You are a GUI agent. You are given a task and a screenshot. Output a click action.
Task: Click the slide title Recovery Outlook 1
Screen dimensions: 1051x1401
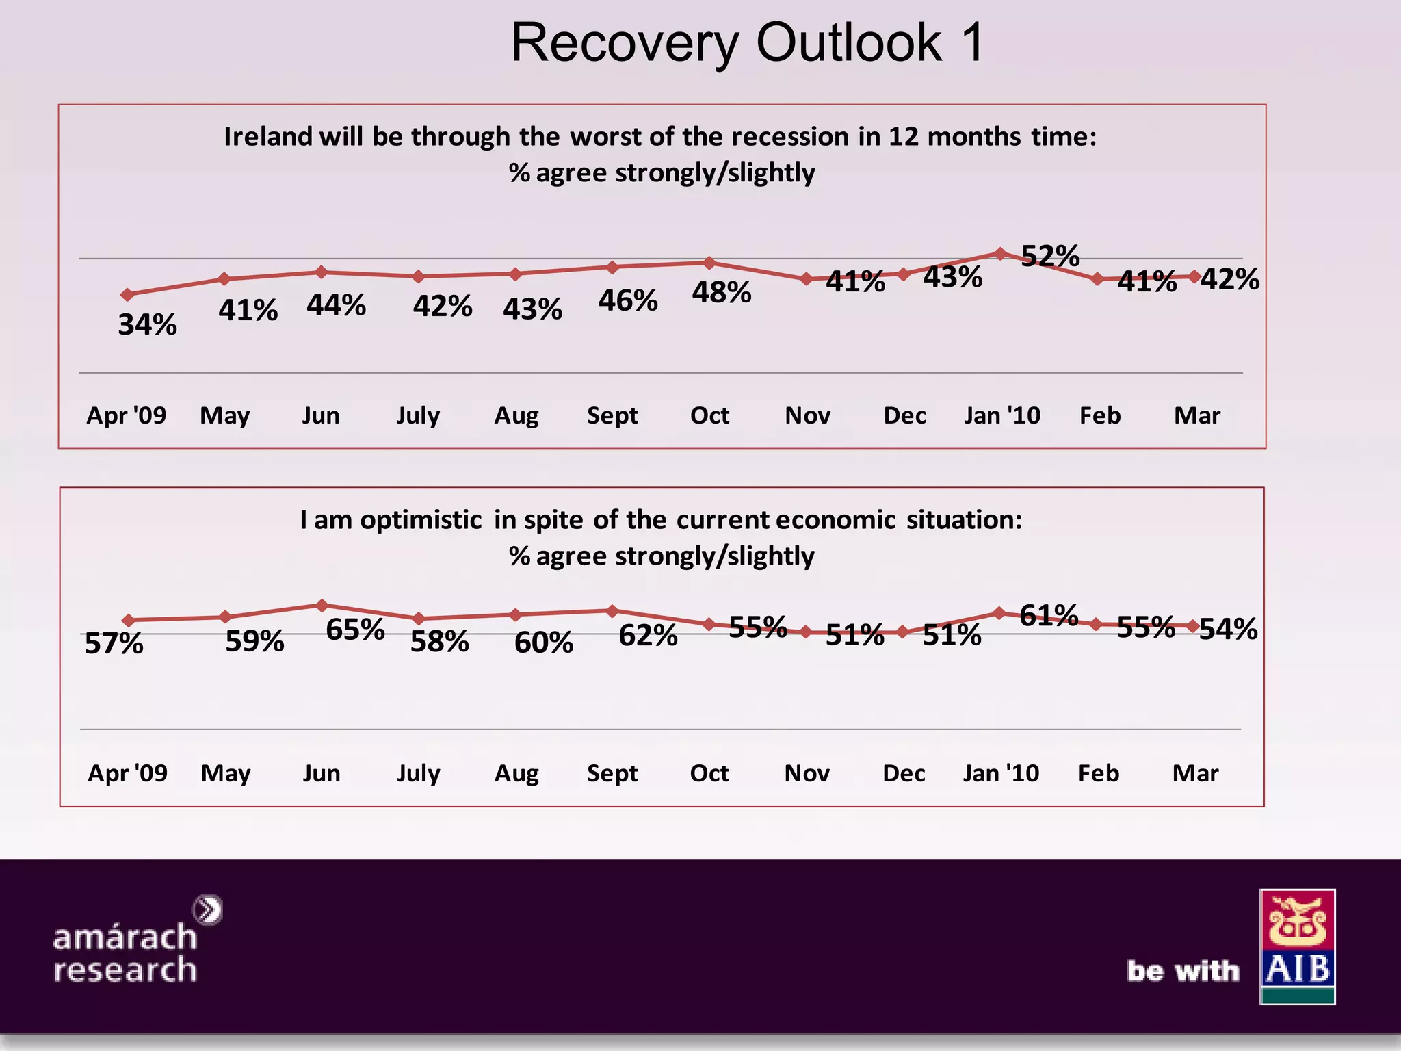(747, 42)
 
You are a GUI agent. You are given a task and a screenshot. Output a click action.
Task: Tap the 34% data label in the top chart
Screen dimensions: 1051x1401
(147, 324)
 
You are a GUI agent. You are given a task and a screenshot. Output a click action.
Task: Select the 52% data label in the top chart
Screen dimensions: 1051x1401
(1050, 256)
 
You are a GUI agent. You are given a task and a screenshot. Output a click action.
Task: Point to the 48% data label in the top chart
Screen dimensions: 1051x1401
(721, 292)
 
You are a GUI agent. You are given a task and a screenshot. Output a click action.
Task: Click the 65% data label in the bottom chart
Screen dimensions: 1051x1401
(355, 630)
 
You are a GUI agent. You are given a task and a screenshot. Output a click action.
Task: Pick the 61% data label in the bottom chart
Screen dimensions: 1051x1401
(1048, 615)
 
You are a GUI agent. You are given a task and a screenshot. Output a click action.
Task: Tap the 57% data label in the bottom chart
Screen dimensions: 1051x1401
(114, 644)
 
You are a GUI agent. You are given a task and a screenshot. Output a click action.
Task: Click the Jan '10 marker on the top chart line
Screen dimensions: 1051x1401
(1000, 254)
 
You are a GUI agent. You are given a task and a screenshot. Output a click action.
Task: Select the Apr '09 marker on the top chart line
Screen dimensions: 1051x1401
(127, 295)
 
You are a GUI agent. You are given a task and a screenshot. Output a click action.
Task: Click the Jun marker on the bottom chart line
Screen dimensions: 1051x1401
(322, 605)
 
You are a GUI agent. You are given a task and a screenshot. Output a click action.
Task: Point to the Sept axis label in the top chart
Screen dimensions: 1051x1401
(612, 415)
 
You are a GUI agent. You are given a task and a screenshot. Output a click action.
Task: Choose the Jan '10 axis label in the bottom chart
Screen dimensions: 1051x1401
(1001, 773)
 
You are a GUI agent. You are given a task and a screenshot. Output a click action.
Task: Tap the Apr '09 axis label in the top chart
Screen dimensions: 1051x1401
(127, 415)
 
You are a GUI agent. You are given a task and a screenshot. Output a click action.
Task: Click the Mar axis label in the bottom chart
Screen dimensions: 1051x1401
(1195, 773)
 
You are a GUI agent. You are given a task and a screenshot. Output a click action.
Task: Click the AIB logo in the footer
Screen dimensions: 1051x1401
(1297, 946)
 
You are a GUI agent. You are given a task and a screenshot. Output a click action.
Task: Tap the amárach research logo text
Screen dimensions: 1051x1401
(125, 952)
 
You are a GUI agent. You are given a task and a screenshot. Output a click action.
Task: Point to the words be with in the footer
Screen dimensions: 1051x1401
(1183, 971)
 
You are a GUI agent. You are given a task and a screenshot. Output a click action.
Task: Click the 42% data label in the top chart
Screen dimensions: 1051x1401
(1229, 279)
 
